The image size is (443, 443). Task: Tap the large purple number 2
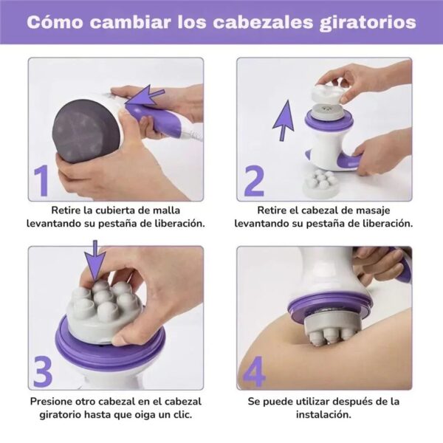point(253,182)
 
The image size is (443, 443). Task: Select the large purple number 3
point(44,372)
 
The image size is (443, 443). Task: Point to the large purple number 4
point(254,372)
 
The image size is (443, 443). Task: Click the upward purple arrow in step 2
point(284,122)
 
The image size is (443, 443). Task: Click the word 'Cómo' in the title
point(55,22)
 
